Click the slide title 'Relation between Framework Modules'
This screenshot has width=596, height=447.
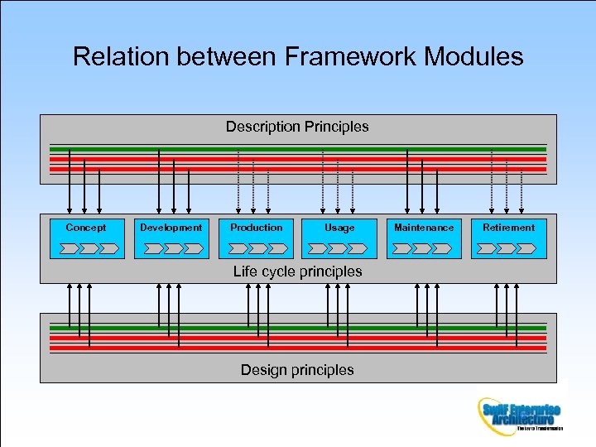click(x=298, y=56)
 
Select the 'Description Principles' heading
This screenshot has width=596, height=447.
click(x=297, y=127)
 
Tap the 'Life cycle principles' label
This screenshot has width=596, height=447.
click(x=297, y=272)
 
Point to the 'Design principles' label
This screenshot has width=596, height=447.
click(x=297, y=370)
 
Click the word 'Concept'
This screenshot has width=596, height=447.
click(x=86, y=228)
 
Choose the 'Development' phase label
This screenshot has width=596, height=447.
click(x=171, y=228)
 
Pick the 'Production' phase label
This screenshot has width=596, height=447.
click(x=256, y=228)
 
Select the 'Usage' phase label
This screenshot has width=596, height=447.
click(x=339, y=228)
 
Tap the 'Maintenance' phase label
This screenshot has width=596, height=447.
click(x=424, y=228)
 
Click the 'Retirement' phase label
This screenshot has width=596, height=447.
click(x=508, y=228)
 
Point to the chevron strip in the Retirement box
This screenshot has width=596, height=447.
click(x=507, y=248)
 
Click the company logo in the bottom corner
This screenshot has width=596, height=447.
click(x=520, y=415)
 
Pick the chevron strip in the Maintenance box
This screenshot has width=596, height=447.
click(x=422, y=248)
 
